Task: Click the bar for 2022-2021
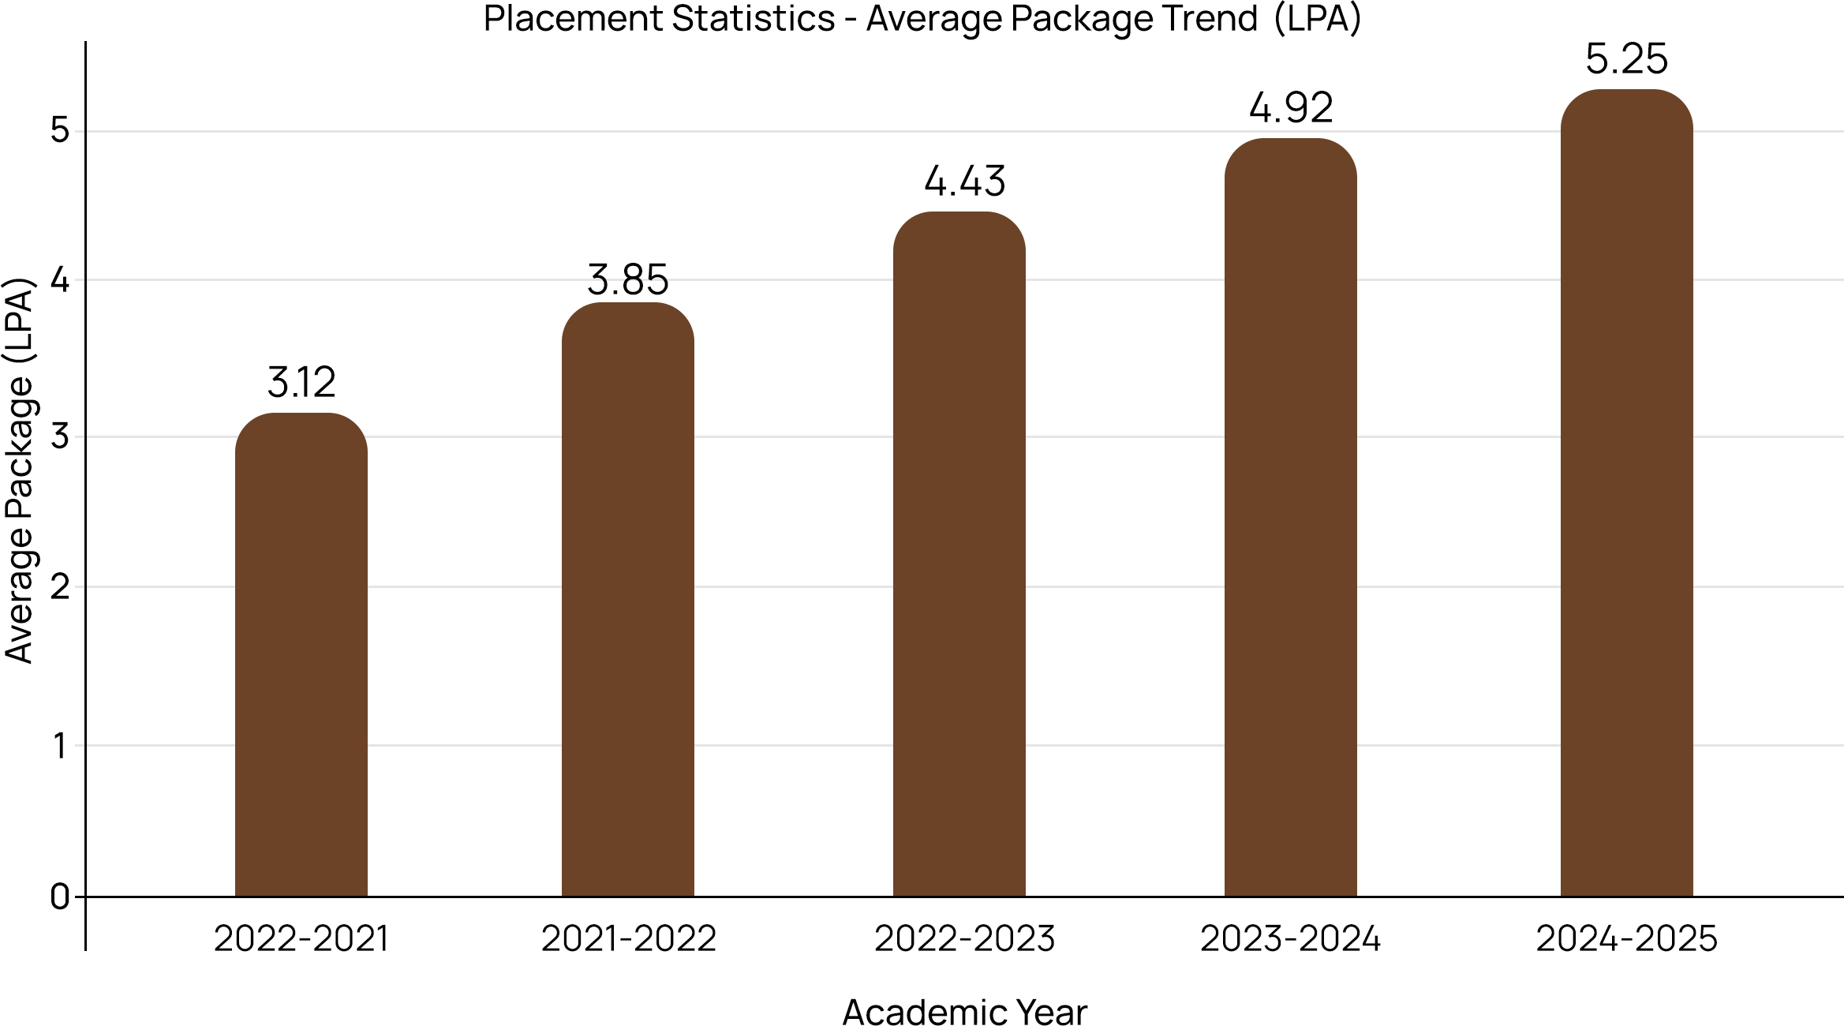(301, 655)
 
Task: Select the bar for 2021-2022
(627, 600)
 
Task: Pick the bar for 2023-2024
(1290, 518)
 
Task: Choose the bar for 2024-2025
(1626, 493)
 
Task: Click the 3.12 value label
(301, 383)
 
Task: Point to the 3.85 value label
(627, 280)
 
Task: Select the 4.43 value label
(964, 182)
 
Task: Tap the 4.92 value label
(1291, 108)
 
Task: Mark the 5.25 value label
(1626, 59)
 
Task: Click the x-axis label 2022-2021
(301, 939)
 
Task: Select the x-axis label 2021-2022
(628, 939)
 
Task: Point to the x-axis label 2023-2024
(1290, 939)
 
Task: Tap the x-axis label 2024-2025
(1626, 939)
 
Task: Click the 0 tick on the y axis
(60, 897)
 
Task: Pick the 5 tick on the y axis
(60, 130)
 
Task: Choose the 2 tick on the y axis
(60, 587)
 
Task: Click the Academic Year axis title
(964, 1012)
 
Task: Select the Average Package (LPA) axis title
(19, 470)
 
